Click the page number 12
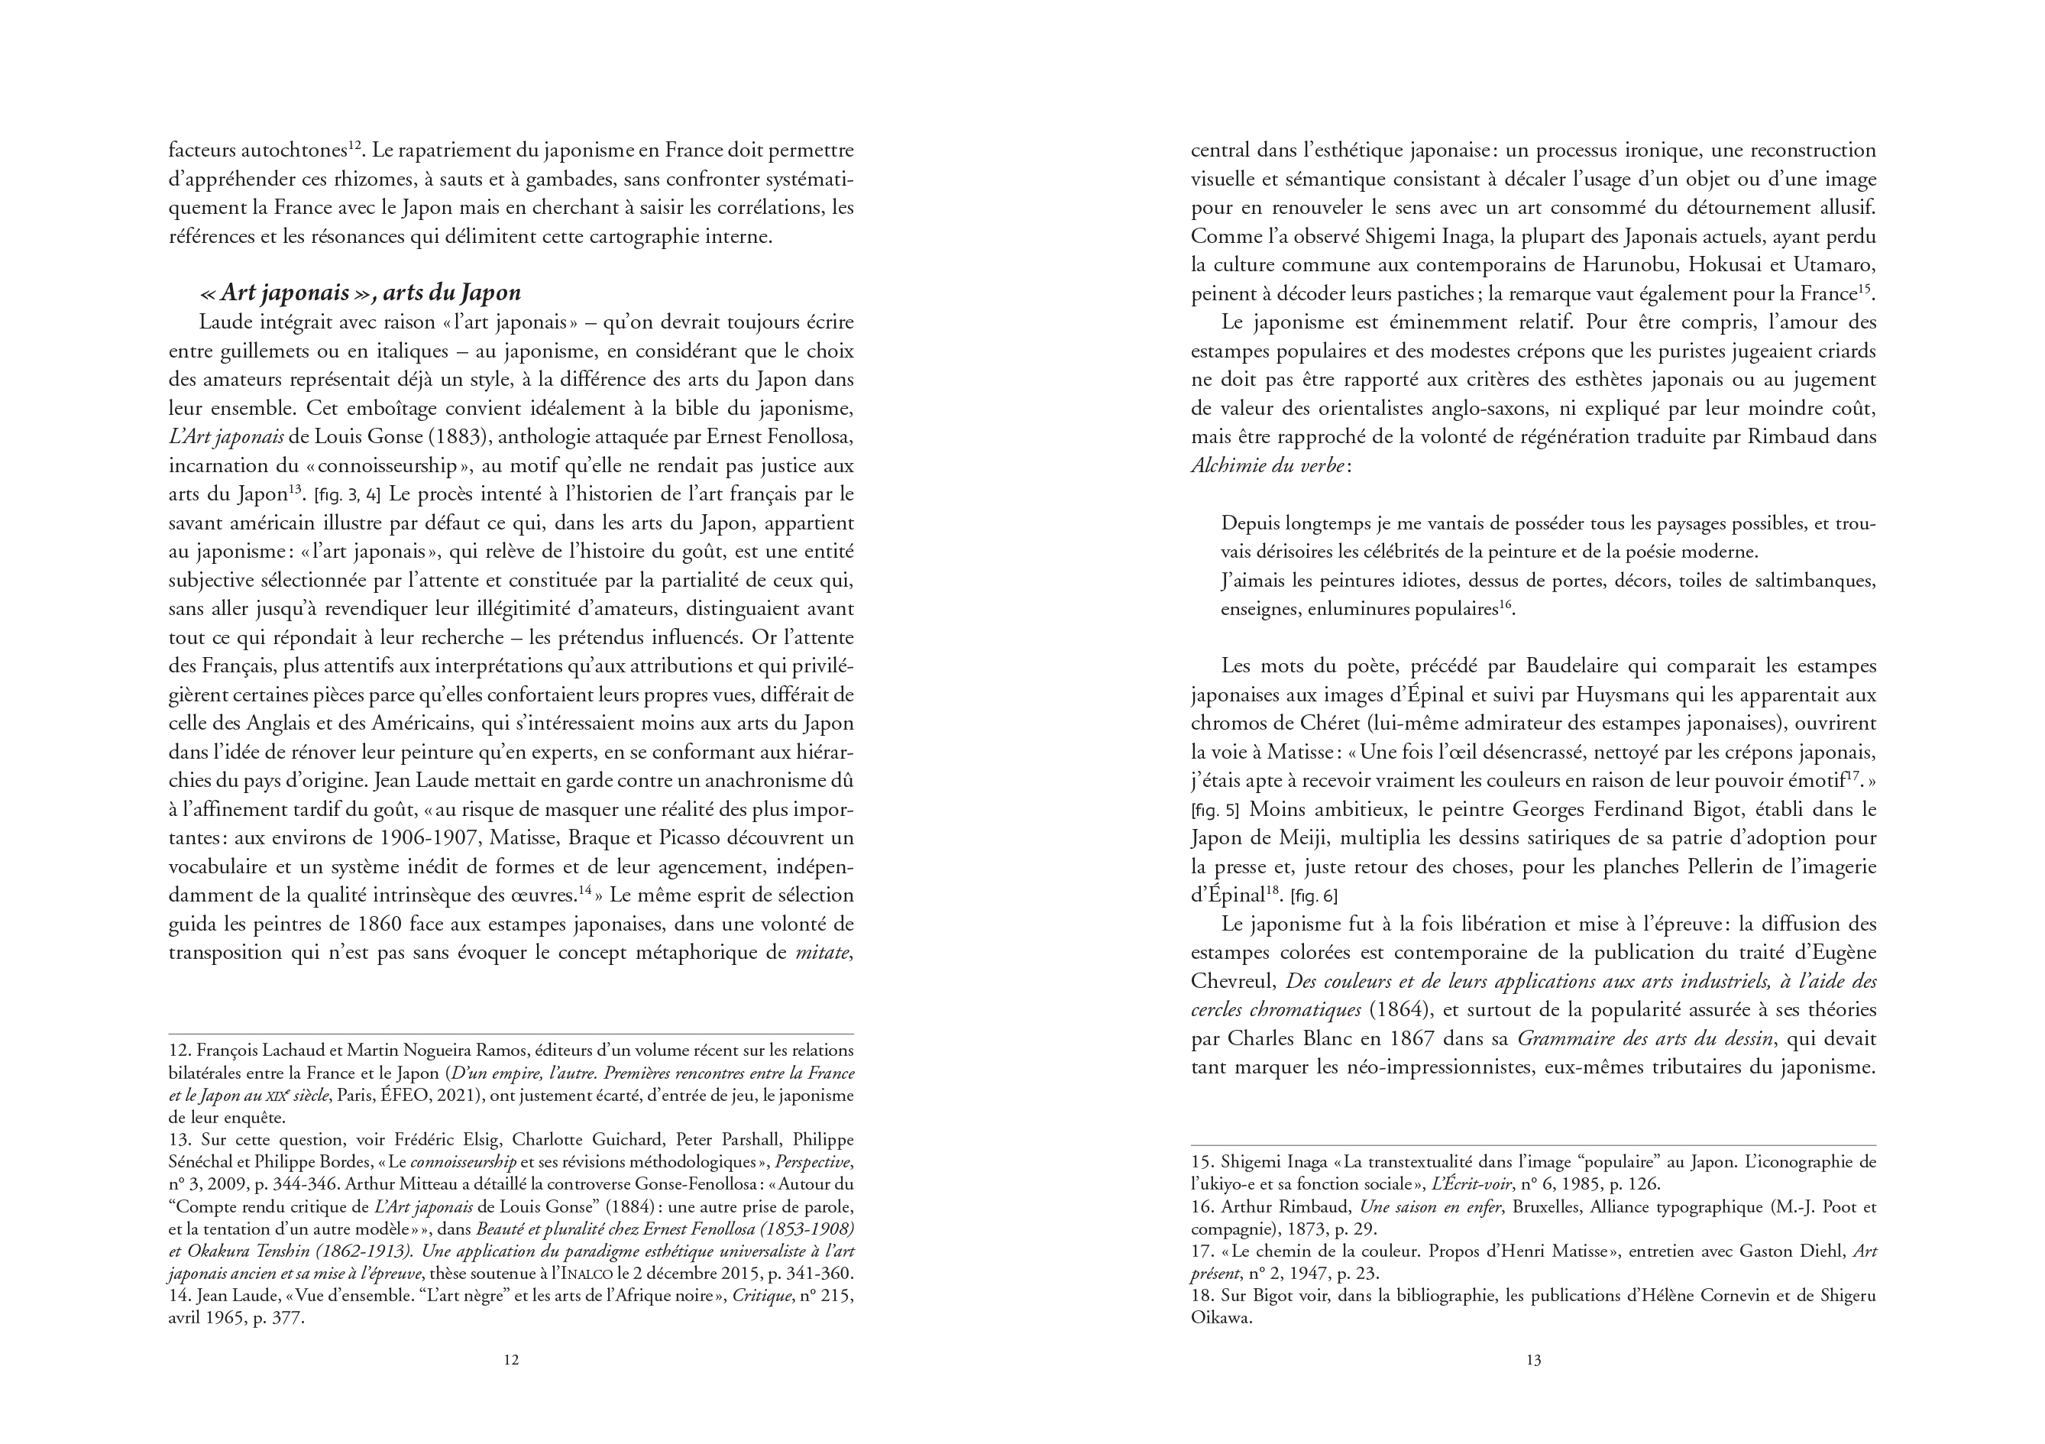tap(511, 1360)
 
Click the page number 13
tap(1533, 1360)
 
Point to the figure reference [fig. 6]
tap(1315, 895)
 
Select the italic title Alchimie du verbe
tap(1267, 465)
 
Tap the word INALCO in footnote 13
tap(594, 1274)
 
